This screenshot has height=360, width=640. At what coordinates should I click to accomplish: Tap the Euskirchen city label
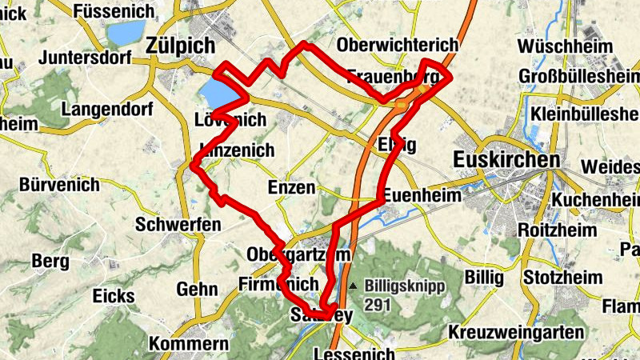pos(506,160)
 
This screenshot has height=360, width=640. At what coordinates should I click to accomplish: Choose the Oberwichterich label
pos(398,45)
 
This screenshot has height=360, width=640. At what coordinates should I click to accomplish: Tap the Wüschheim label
pos(566,46)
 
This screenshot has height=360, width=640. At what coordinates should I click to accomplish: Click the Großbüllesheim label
pos(579,75)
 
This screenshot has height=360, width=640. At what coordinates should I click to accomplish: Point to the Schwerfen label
pos(178,225)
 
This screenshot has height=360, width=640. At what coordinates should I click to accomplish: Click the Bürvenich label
pos(60,185)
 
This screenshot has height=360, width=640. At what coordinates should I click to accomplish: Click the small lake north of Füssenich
pos(122,34)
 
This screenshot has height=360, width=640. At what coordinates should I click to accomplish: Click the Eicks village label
pos(114,296)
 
